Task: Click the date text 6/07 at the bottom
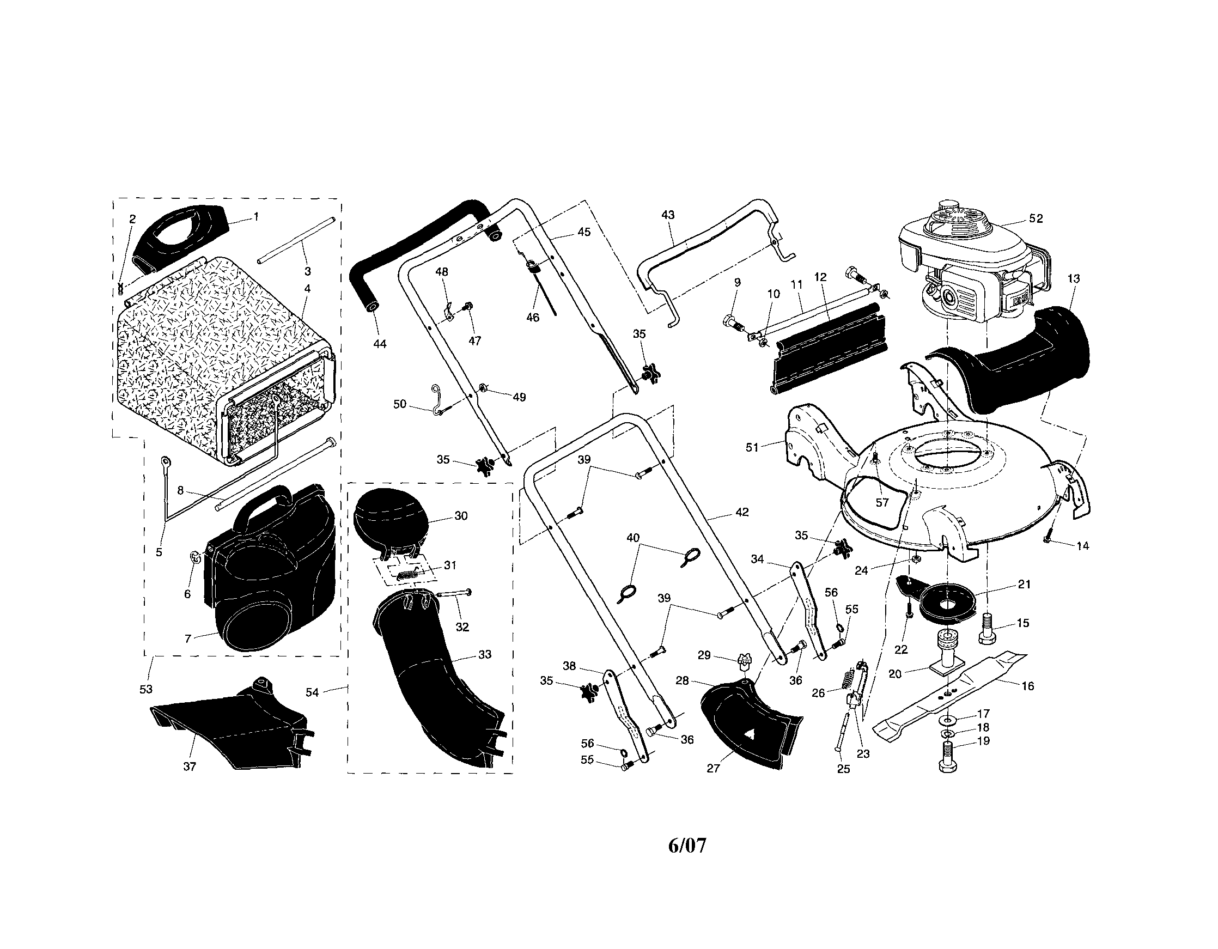(686, 846)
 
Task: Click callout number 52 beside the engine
(1035, 218)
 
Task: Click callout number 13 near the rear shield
(1074, 278)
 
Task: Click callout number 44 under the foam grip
(379, 344)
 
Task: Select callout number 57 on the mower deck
(882, 503)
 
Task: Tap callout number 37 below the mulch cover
(190, 766)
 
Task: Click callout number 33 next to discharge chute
(485, 654)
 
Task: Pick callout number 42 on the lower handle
(742, 512)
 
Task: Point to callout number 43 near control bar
(668, 215)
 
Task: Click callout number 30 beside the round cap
(461, 515)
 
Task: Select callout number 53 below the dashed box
(145, 690)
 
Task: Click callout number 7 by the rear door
(188, 638)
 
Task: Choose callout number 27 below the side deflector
(713, 768)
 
